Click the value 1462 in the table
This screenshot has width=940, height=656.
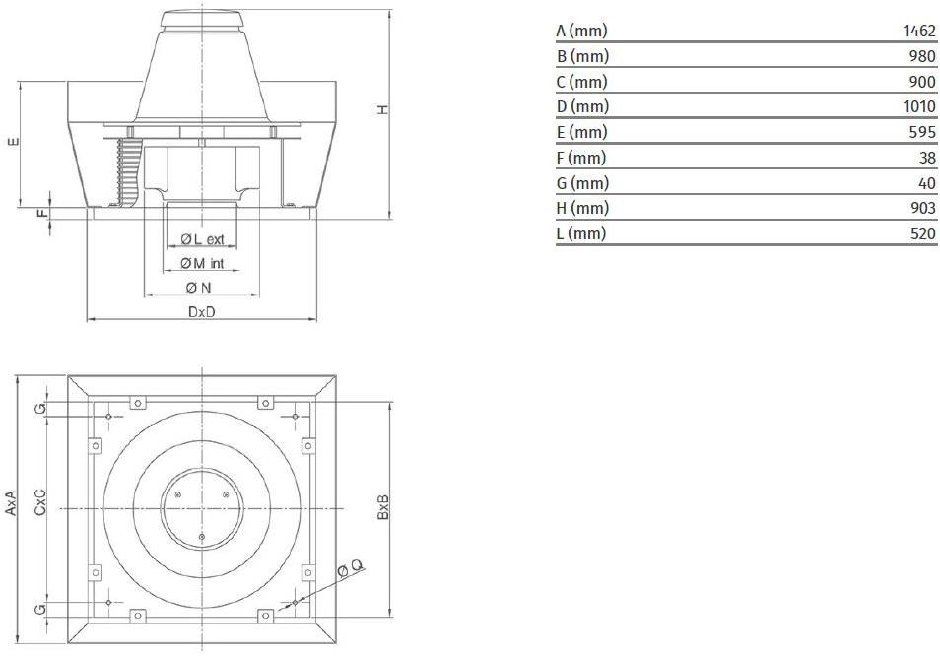tap(919, 31)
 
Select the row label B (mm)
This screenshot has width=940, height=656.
tap(582, 56)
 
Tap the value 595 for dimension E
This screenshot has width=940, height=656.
tap(922, 132)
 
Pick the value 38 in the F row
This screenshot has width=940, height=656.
tap(927, 158)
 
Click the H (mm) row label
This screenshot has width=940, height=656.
tap(582, 208)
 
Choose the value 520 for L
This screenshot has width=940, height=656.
tap(922, 233)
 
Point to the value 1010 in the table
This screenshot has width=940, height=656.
tap(919, 106)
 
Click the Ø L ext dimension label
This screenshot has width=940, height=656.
tap(203, 239)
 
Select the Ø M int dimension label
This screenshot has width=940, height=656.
tap(202, 263)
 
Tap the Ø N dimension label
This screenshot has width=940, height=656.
tap(199, 288)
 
